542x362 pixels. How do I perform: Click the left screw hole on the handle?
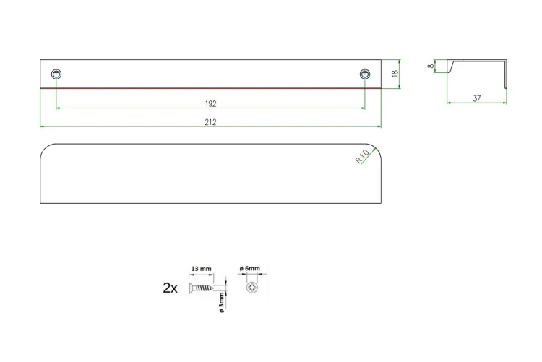click(56, 74)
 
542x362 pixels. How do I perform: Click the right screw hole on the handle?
click(365, 74)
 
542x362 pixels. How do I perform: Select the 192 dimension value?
click(210, 103)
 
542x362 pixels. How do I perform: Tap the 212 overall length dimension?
click(210, 121)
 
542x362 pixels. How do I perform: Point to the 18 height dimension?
click(395, 73)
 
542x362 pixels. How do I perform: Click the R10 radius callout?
click(362, 157)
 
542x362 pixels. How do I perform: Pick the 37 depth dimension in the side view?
click(477, 98)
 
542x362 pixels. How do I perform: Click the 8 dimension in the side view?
click(431, 66)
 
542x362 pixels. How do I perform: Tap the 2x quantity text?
click(170, 288)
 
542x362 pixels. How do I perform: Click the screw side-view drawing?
click(201, 288)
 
